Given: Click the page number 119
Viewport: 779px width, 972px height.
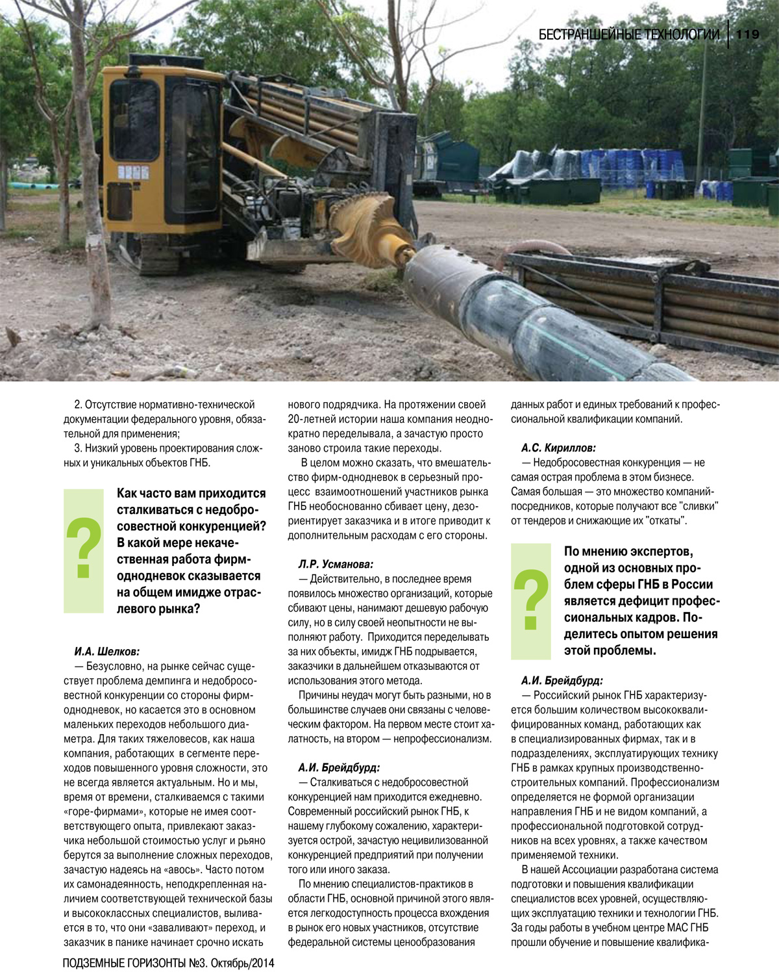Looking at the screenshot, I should [x=748, y=34].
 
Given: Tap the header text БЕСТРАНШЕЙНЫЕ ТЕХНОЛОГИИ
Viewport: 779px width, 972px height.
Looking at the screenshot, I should [x=629, y=34].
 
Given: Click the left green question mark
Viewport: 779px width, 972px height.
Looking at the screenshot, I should [x=84, y=549].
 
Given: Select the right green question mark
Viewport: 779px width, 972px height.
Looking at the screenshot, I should [x=531, y=600].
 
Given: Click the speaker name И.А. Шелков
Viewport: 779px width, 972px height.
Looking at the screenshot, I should [x=107, y=651].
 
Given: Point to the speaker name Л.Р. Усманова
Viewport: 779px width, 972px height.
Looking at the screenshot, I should [x=336, y=564].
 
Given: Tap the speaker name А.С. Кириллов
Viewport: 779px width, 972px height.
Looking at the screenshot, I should [x=558, y=448].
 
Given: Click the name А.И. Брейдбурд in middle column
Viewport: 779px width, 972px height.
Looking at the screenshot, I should [x=339, y=767].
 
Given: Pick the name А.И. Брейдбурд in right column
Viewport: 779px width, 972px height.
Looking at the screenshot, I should [x=562, y=680].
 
